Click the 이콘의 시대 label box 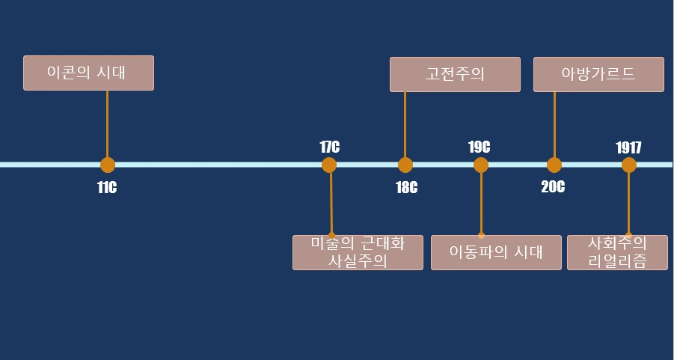(88, 73)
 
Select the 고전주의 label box (455, 74)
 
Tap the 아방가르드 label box (598, 74)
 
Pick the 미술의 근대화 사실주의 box (358, 252)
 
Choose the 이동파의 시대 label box (496, 252)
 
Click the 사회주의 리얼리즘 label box (617, 252)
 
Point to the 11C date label (107, 187)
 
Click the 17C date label (329, 147)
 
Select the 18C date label (406, 187)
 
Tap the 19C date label (480, 147)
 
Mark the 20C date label (553, 187)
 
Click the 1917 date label (628, 147)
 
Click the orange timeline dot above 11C (107, 165)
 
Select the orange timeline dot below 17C (329, 165)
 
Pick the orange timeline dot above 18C (405, 165)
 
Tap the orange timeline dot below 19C (480, 165)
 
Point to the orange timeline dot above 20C (554, 165)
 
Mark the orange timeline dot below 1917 (628, 165)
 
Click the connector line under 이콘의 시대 (107, 123)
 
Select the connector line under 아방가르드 (554, 123)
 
